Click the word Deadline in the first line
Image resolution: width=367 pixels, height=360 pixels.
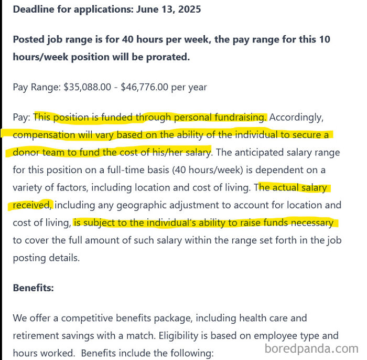pos(33,9)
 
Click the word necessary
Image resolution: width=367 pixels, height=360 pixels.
pos(312,223)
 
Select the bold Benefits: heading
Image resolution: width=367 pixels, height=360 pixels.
pos(33,288)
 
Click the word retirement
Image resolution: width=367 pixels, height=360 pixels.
pos(36,335)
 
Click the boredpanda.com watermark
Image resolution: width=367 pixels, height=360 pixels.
pos(311,348)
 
